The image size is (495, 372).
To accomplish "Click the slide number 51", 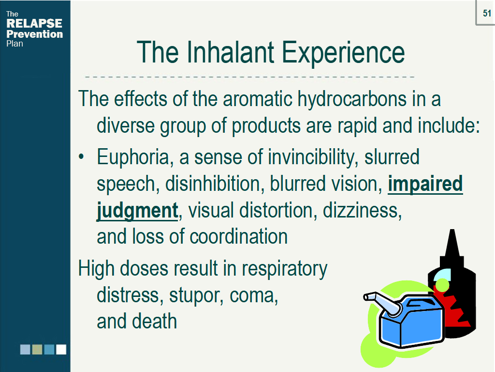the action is tap(487, 13).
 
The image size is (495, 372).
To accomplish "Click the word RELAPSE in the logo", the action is tap(34, 23).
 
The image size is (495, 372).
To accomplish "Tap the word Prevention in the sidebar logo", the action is tap(34, 34).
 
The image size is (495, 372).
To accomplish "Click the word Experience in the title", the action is tap(343, 53).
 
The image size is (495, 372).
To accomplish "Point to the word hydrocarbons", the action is tap(352, 99).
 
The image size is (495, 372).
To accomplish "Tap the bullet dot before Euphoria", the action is tap(81, 156).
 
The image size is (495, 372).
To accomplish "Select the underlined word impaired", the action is tap(425, 184).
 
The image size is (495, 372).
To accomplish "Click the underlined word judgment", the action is tap(137, 211).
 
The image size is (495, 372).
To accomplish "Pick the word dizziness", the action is tap(362, 210).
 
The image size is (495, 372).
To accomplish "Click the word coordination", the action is tap(238, 236).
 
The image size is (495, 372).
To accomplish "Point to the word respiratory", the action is tap(285, 269).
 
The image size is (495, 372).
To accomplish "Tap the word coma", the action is tap(254, 296).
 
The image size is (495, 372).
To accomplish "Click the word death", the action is tap(154, 321).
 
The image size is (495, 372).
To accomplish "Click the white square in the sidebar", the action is tap(61, 350).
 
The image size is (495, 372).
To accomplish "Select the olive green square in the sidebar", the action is tap(37, 350).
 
